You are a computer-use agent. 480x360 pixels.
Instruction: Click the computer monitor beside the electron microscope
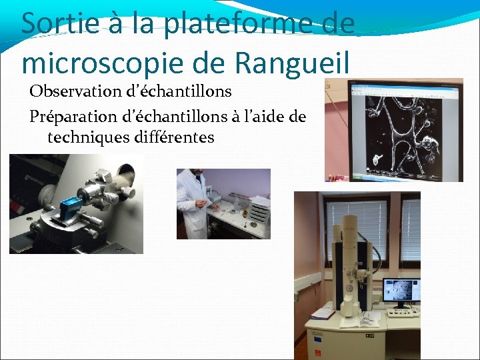[401, 293]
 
